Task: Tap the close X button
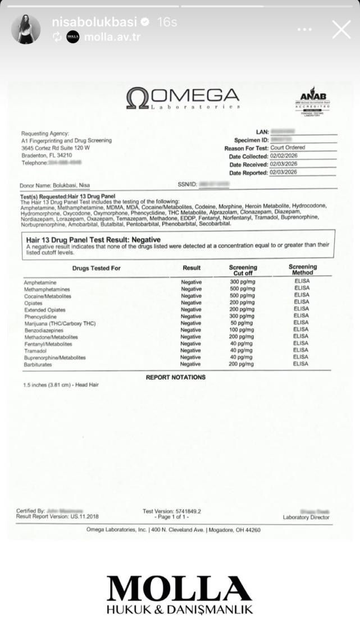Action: tap(341, 29)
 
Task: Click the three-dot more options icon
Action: tap(304, 29)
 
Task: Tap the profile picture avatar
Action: tap(26, 29)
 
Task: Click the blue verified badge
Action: tap(145, 22)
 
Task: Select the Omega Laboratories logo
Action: tap(183, 98)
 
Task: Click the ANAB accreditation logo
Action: tap(312, 101)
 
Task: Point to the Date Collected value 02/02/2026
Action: tap(284, 156)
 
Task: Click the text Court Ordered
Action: tap(288, 148)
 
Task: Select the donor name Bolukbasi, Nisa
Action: tap(71, 185)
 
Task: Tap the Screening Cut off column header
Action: tap(243, 270)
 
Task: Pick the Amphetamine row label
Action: tap(40, 282)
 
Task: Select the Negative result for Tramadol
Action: tap(191, 350)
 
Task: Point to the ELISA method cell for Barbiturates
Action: tap(302, 364)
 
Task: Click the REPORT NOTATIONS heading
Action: tap(176, 377)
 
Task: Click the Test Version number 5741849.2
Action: tap(185, 511)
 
